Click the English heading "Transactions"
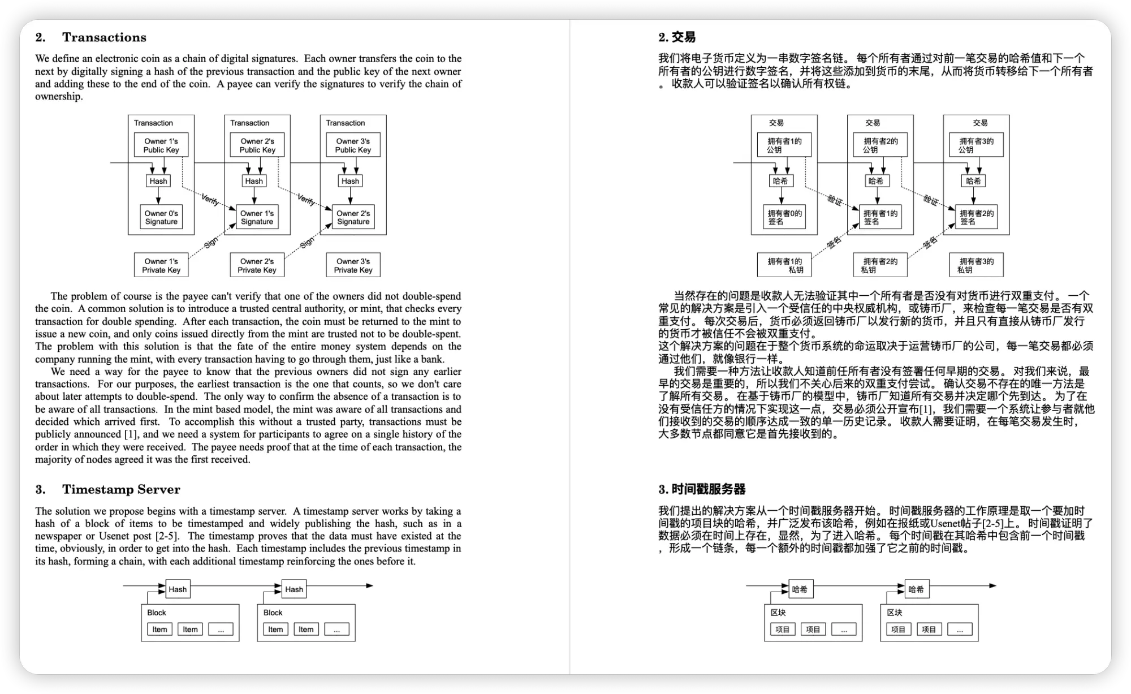tap(104, 37)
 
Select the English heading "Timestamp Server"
tap(121, 489)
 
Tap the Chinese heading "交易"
tap(683, 37)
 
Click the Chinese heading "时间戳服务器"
tap(708, 489)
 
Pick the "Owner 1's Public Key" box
tap(161, 145)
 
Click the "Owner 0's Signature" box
tap(161, 217)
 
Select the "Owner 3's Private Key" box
tap(353, 265)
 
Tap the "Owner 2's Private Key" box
tap(257, 265)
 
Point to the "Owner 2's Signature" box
tap(353, 217)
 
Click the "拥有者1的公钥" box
tap(784, 145)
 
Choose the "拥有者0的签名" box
tap(784, 217)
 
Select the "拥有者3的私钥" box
tap(976, 265)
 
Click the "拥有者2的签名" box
tap(976, 217)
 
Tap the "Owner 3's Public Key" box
tap(353, 145)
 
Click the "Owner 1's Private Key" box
tap(161, 265)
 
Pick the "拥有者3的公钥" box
tap(976, 145)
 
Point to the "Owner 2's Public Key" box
tap(257, 145)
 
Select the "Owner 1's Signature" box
tap(257, 217)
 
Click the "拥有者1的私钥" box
tap(784, 265)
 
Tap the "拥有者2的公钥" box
tap(880, 145)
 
